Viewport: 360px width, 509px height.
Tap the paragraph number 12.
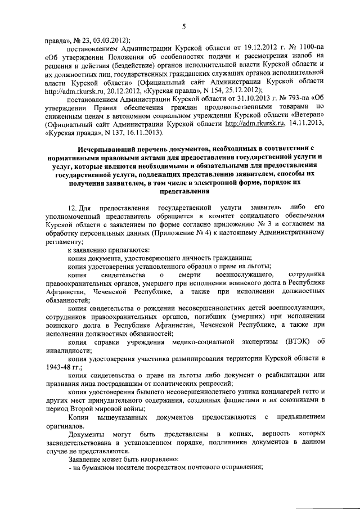click(x=70, y=208)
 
